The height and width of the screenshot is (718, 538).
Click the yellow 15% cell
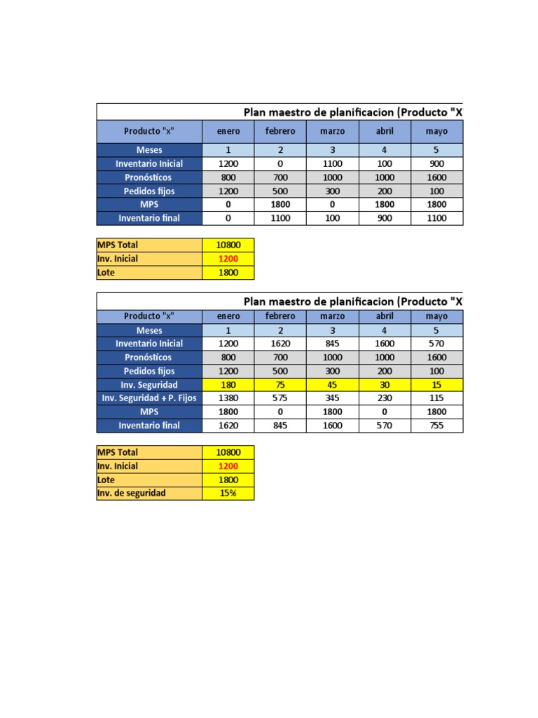coord(228,494)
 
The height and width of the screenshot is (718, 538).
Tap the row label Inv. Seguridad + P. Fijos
coord(149,398)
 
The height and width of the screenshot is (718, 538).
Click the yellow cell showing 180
coord(228,385)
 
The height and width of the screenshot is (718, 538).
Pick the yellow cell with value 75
coord(280,385)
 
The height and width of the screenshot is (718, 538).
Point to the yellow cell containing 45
coord(332,385)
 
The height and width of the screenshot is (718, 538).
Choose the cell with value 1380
coord(228,398)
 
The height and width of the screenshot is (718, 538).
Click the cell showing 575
coord(280,398)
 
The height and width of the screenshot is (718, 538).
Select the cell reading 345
coord(332,398)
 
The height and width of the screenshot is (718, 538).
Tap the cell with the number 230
coord(384,398)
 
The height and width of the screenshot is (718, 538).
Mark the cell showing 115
coord(436,398)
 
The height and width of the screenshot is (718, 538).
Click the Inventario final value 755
coord(436,426)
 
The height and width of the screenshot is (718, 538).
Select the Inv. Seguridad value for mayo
coord(436,385)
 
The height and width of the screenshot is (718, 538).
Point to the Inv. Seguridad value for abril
coord(384,385)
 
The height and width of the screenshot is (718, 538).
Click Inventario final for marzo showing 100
coord(332,218)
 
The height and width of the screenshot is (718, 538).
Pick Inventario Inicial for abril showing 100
coord(384,163)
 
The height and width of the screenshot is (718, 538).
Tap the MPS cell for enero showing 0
coord(228,205)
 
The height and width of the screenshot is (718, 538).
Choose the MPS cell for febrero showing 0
coord(280,412)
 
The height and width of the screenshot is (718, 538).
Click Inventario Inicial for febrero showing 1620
coord(280,344)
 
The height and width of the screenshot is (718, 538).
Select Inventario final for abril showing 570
coord(384,426)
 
